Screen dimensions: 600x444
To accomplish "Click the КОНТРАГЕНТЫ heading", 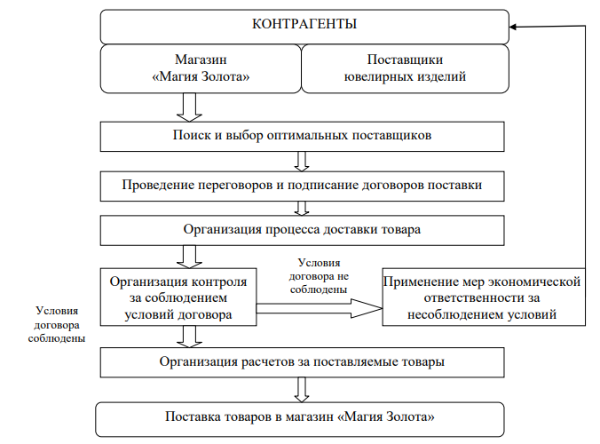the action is [x=304, y=24].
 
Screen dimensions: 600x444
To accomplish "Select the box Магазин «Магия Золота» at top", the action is [x=201, y=68].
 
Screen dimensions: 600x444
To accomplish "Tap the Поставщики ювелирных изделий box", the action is [x=406, y=68].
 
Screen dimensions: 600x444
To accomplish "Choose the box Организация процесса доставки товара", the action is [x=303, y=230].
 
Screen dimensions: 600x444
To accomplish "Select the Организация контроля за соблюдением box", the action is [x=178, y=297].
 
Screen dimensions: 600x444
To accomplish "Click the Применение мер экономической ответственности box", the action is [x=484, y=297].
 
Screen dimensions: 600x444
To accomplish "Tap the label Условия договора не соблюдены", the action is [x=319, y=276].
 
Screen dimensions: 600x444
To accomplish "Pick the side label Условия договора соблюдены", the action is [x=57, y=325].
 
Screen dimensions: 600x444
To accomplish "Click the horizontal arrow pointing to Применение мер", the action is [x=320, y=308].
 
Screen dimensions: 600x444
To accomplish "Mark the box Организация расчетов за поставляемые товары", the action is [x=303, y=362].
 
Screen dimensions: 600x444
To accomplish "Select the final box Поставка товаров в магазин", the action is [x=300, y=419].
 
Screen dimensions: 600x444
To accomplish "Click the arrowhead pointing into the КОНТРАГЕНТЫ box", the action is [x=513, y=27].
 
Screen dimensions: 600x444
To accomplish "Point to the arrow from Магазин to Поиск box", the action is [x=189, y=107].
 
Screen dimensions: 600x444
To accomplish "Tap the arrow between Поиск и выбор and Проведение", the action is [x=302, y=162].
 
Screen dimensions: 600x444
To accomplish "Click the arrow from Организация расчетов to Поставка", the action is [x=302, y=390].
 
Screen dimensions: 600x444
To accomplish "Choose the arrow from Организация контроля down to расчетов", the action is [x=189, y=337].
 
